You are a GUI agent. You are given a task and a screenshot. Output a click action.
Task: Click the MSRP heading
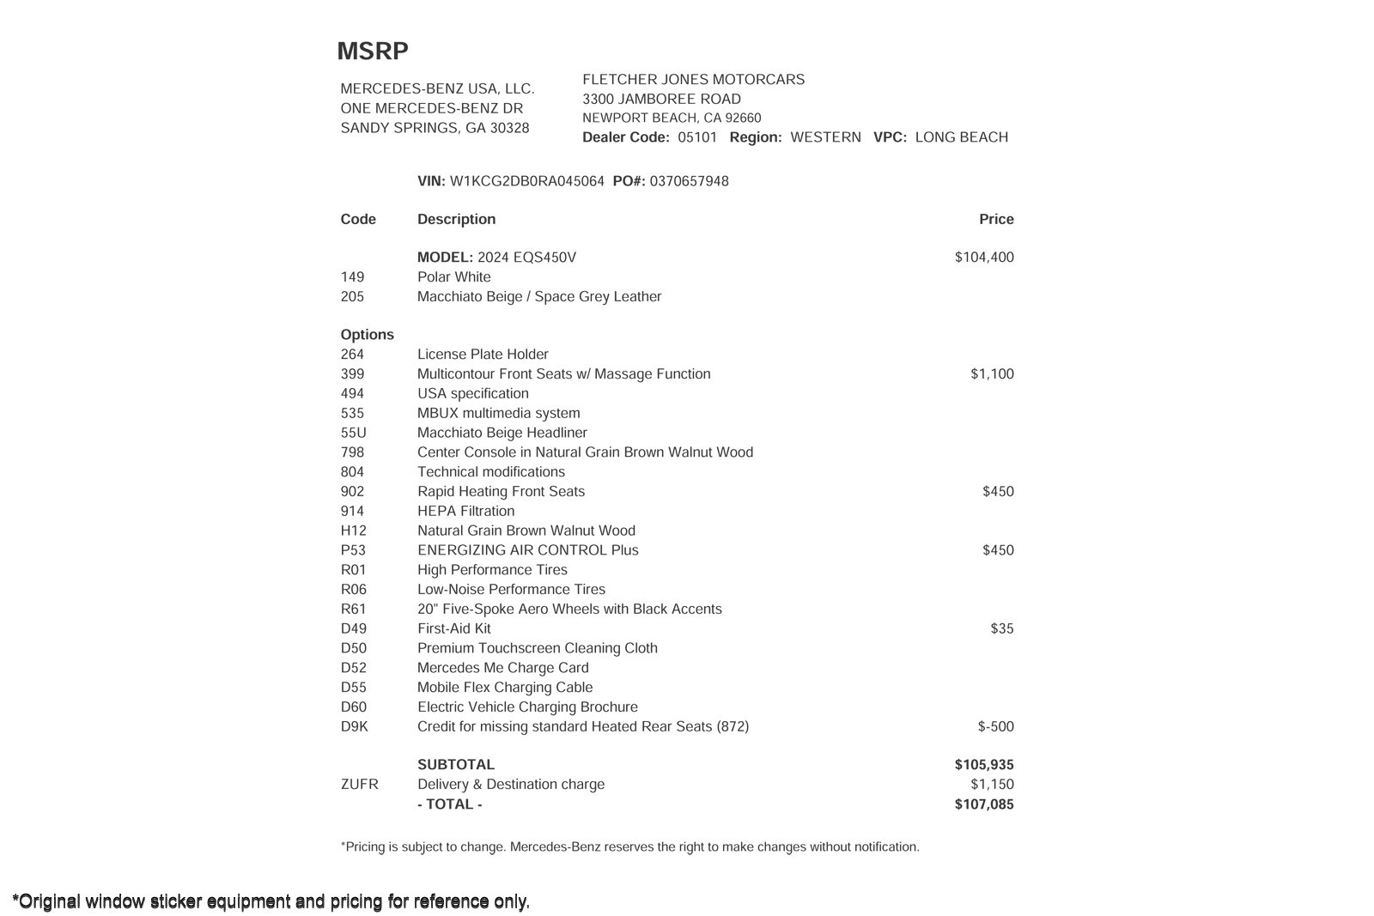click(372, 52)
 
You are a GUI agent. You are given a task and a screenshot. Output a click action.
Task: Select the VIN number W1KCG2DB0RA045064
click(526, 181)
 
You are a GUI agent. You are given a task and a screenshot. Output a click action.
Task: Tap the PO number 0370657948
click(689, 181)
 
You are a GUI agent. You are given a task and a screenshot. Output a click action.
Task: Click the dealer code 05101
click(696, 137)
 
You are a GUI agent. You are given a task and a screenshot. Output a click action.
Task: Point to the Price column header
click(996, 219)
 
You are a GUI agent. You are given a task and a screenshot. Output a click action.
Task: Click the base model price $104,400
click(984, 258)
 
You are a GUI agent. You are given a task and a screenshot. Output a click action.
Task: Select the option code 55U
click(353, 433)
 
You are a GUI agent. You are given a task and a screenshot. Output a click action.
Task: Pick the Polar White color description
click(453, 277)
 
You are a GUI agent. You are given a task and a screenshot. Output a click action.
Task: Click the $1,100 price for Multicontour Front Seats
click(992, 374)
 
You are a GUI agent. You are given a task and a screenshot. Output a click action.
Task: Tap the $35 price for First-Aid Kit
click(1001, 628)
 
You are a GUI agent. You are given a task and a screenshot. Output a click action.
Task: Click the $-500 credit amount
click(995, 726)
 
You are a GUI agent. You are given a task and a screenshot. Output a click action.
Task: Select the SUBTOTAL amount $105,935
click(984, 765)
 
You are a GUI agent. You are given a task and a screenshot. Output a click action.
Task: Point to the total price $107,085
click(984, 804)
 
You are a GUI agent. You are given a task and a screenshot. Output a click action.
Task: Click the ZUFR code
click(359, 785)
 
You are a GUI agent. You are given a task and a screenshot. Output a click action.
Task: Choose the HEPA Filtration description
click(465, 511)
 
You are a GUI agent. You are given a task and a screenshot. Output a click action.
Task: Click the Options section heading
click(367, 335)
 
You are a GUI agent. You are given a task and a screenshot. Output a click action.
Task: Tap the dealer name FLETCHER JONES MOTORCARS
click(693, 80)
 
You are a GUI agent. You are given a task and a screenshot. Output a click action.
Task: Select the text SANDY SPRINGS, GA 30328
click(435, 128)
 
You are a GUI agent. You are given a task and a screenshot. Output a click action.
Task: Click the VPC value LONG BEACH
click(961, 137)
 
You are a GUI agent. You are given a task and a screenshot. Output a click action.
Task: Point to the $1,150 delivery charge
click(992, 785)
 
